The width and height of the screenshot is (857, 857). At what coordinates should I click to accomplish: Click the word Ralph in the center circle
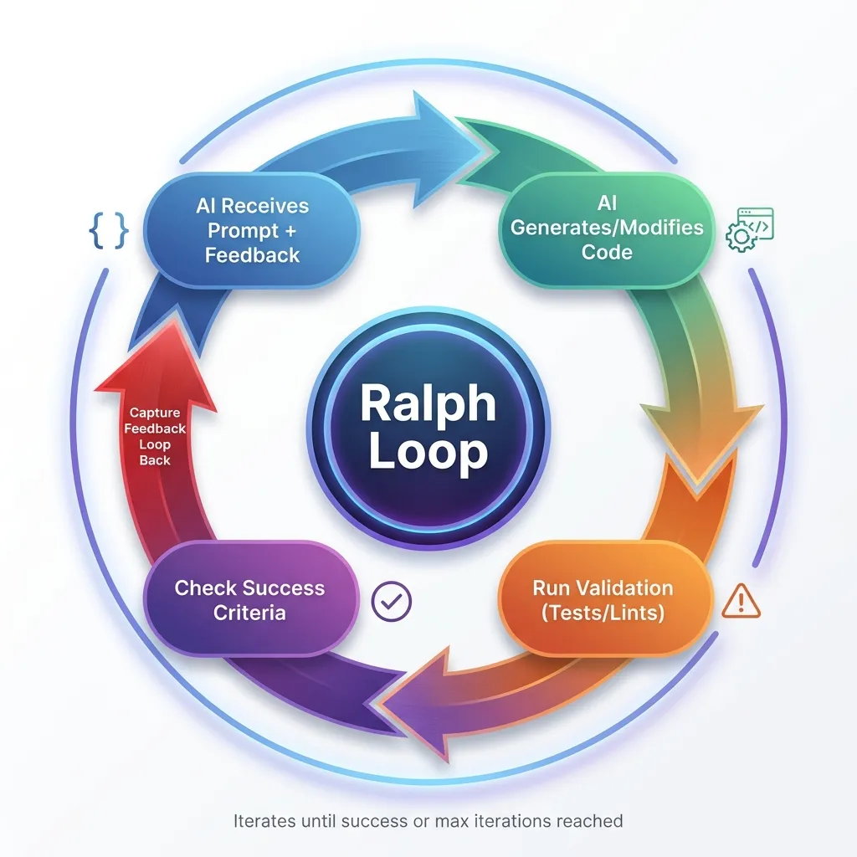point(428,404)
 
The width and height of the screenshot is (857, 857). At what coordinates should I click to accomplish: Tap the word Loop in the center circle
point(428,452)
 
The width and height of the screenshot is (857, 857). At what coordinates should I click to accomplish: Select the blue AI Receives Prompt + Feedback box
point(252,230)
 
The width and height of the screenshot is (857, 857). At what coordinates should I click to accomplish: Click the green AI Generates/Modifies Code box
point(607,228)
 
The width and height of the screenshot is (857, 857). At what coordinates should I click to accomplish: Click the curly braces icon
point(109,231)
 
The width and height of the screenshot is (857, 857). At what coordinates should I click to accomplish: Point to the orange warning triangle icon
point(741,600)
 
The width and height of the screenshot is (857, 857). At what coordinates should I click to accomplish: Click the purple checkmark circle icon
point(391,600)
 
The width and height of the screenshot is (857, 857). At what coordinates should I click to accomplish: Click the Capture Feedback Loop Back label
point(156,436)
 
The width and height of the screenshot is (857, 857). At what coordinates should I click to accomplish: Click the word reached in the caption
point(593,821)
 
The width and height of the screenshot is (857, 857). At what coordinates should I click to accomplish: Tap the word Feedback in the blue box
point(252,255)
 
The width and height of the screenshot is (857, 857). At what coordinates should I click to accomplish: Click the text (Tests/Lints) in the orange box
point(603,613)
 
